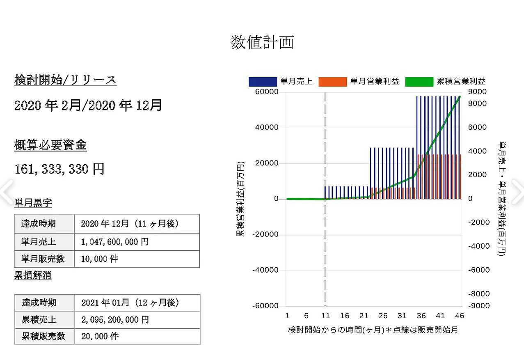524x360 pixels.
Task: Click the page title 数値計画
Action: pos(262,42)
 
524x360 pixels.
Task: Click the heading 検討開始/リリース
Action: pos(66,80)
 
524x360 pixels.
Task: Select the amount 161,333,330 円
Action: pos(59,169)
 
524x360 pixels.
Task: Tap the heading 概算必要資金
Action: pos(50,144)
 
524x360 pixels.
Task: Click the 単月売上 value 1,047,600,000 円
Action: pos(114,242)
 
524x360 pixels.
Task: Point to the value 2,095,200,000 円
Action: pos(115,320)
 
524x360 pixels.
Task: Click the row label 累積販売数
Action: pos(43,336)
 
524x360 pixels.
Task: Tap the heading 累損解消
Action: pos(33,275)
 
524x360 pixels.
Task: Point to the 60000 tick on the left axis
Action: pos(267,92)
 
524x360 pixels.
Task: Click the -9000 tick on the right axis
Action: pos(479,306)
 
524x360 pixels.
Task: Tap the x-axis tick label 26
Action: pos(383,316)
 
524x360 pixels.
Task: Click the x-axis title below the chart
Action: pos(373,330)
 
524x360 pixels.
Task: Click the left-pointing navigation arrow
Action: pos(7,192)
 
